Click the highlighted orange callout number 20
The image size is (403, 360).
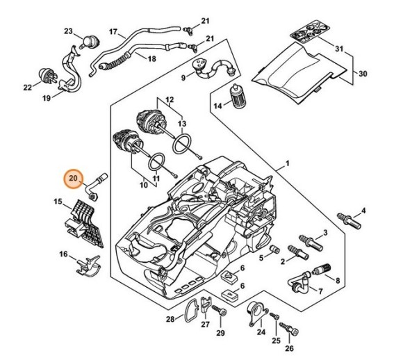pyautogui.click(x=73, y=179)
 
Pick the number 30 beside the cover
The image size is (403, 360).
pyautogui.click(x=362, y=73)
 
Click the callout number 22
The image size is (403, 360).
pyautogui.click(x=28, y=87)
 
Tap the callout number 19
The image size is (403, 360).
pyautogui.click(x=47, y=98)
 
